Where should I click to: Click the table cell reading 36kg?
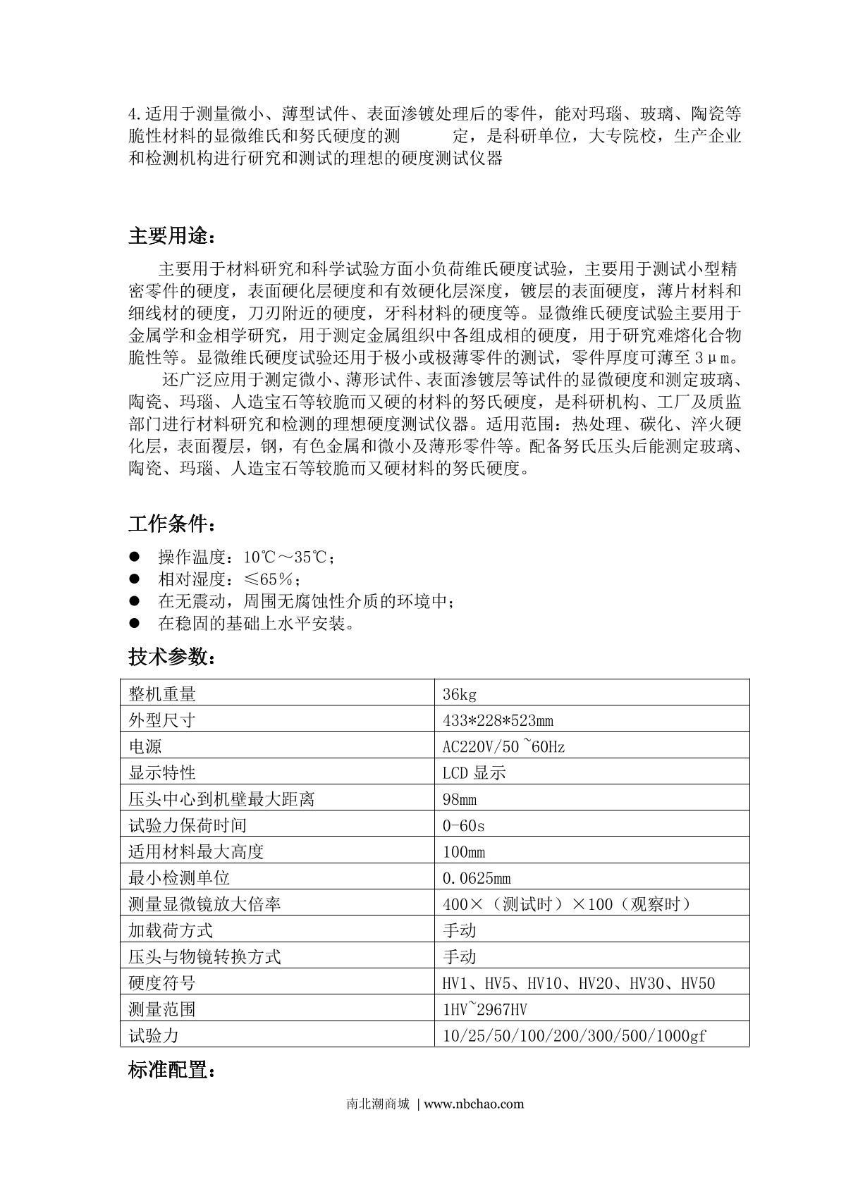click(460, 694)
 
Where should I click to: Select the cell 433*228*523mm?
click(498, 720)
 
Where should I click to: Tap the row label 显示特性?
click(162, 772)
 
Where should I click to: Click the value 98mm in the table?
click(460, 799)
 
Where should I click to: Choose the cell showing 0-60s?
click(463, 825)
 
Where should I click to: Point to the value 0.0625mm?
click(477, 878)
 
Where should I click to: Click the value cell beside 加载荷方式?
click(460, 930)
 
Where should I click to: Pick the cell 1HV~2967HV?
click(485, 1009)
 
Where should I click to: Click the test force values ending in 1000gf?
click(574, 1035)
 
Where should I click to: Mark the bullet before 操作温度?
click(135, 557)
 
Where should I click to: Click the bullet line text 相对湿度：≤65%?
click(230, 579)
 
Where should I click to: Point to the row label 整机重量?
click(162, 694)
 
